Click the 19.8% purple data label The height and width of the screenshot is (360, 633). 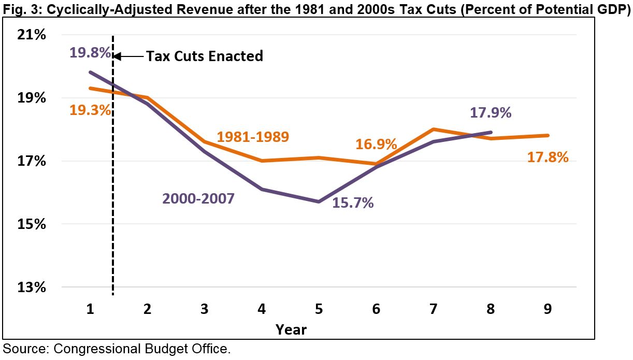coord(90,52)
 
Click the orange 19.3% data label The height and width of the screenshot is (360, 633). coord(90,110)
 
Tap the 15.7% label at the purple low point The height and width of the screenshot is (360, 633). coord(353,203)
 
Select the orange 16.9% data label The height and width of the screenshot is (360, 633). coord(376,144)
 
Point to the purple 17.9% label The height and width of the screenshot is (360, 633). coord(491,113)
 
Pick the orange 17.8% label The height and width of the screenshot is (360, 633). coord(548,157)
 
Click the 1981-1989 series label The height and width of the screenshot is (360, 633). coord(253,137)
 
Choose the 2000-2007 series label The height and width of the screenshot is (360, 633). coord(198,198)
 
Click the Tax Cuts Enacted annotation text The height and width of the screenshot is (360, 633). coord(205,56)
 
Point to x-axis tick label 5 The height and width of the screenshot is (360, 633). coord(319,309)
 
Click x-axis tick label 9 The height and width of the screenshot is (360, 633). coord(548,309)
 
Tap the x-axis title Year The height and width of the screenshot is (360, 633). coord(291,329)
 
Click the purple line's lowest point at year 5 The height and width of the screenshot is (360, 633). coord(319,201)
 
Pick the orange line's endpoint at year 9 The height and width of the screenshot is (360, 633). coord(548,136)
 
